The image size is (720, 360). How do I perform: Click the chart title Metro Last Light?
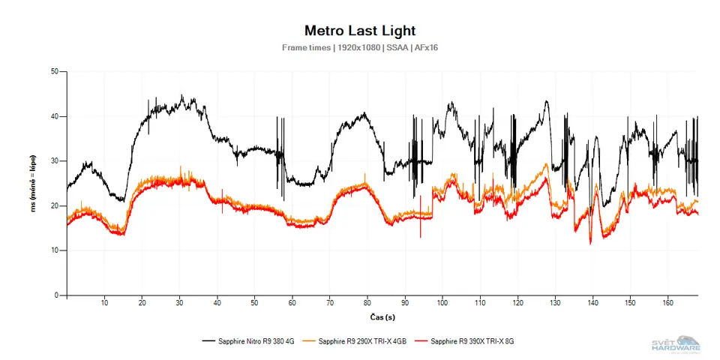click(359, 31)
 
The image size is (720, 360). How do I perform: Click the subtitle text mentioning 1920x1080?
click(359, 48)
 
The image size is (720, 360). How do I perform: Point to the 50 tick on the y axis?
click(55, 72)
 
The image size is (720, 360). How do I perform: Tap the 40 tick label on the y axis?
click(55, 116)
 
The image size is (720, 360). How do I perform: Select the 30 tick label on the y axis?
click(55, 161)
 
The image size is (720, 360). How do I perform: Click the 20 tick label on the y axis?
click(55, 205)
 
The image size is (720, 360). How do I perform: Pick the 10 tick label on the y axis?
click(55, 250)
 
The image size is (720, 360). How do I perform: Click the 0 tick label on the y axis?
click(57, 295)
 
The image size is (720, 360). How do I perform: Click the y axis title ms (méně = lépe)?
click(33, 184)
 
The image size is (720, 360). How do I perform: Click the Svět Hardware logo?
click(676, 343)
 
